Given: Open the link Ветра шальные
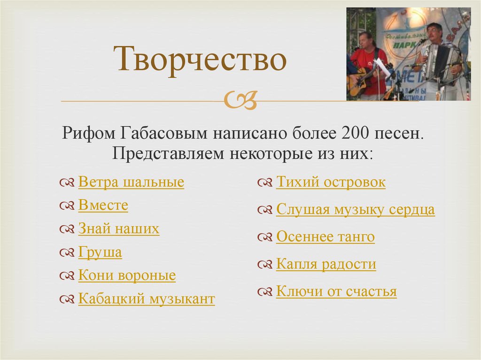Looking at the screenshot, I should [131, 182].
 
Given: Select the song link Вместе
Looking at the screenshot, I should [103, 206].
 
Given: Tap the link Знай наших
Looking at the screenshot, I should [118, 229].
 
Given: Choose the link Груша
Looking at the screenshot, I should [100, 253].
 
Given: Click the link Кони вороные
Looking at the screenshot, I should [127, 276].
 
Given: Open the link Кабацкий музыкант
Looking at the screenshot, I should [147, 299].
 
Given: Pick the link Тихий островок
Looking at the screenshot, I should [331, 182].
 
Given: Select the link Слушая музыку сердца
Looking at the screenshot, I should [355, 210].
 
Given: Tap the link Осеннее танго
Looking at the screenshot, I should [325, 237].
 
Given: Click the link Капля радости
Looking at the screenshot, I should [326, 264].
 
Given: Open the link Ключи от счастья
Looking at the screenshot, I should [336, 291].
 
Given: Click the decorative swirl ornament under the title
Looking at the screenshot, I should [241, 100].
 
